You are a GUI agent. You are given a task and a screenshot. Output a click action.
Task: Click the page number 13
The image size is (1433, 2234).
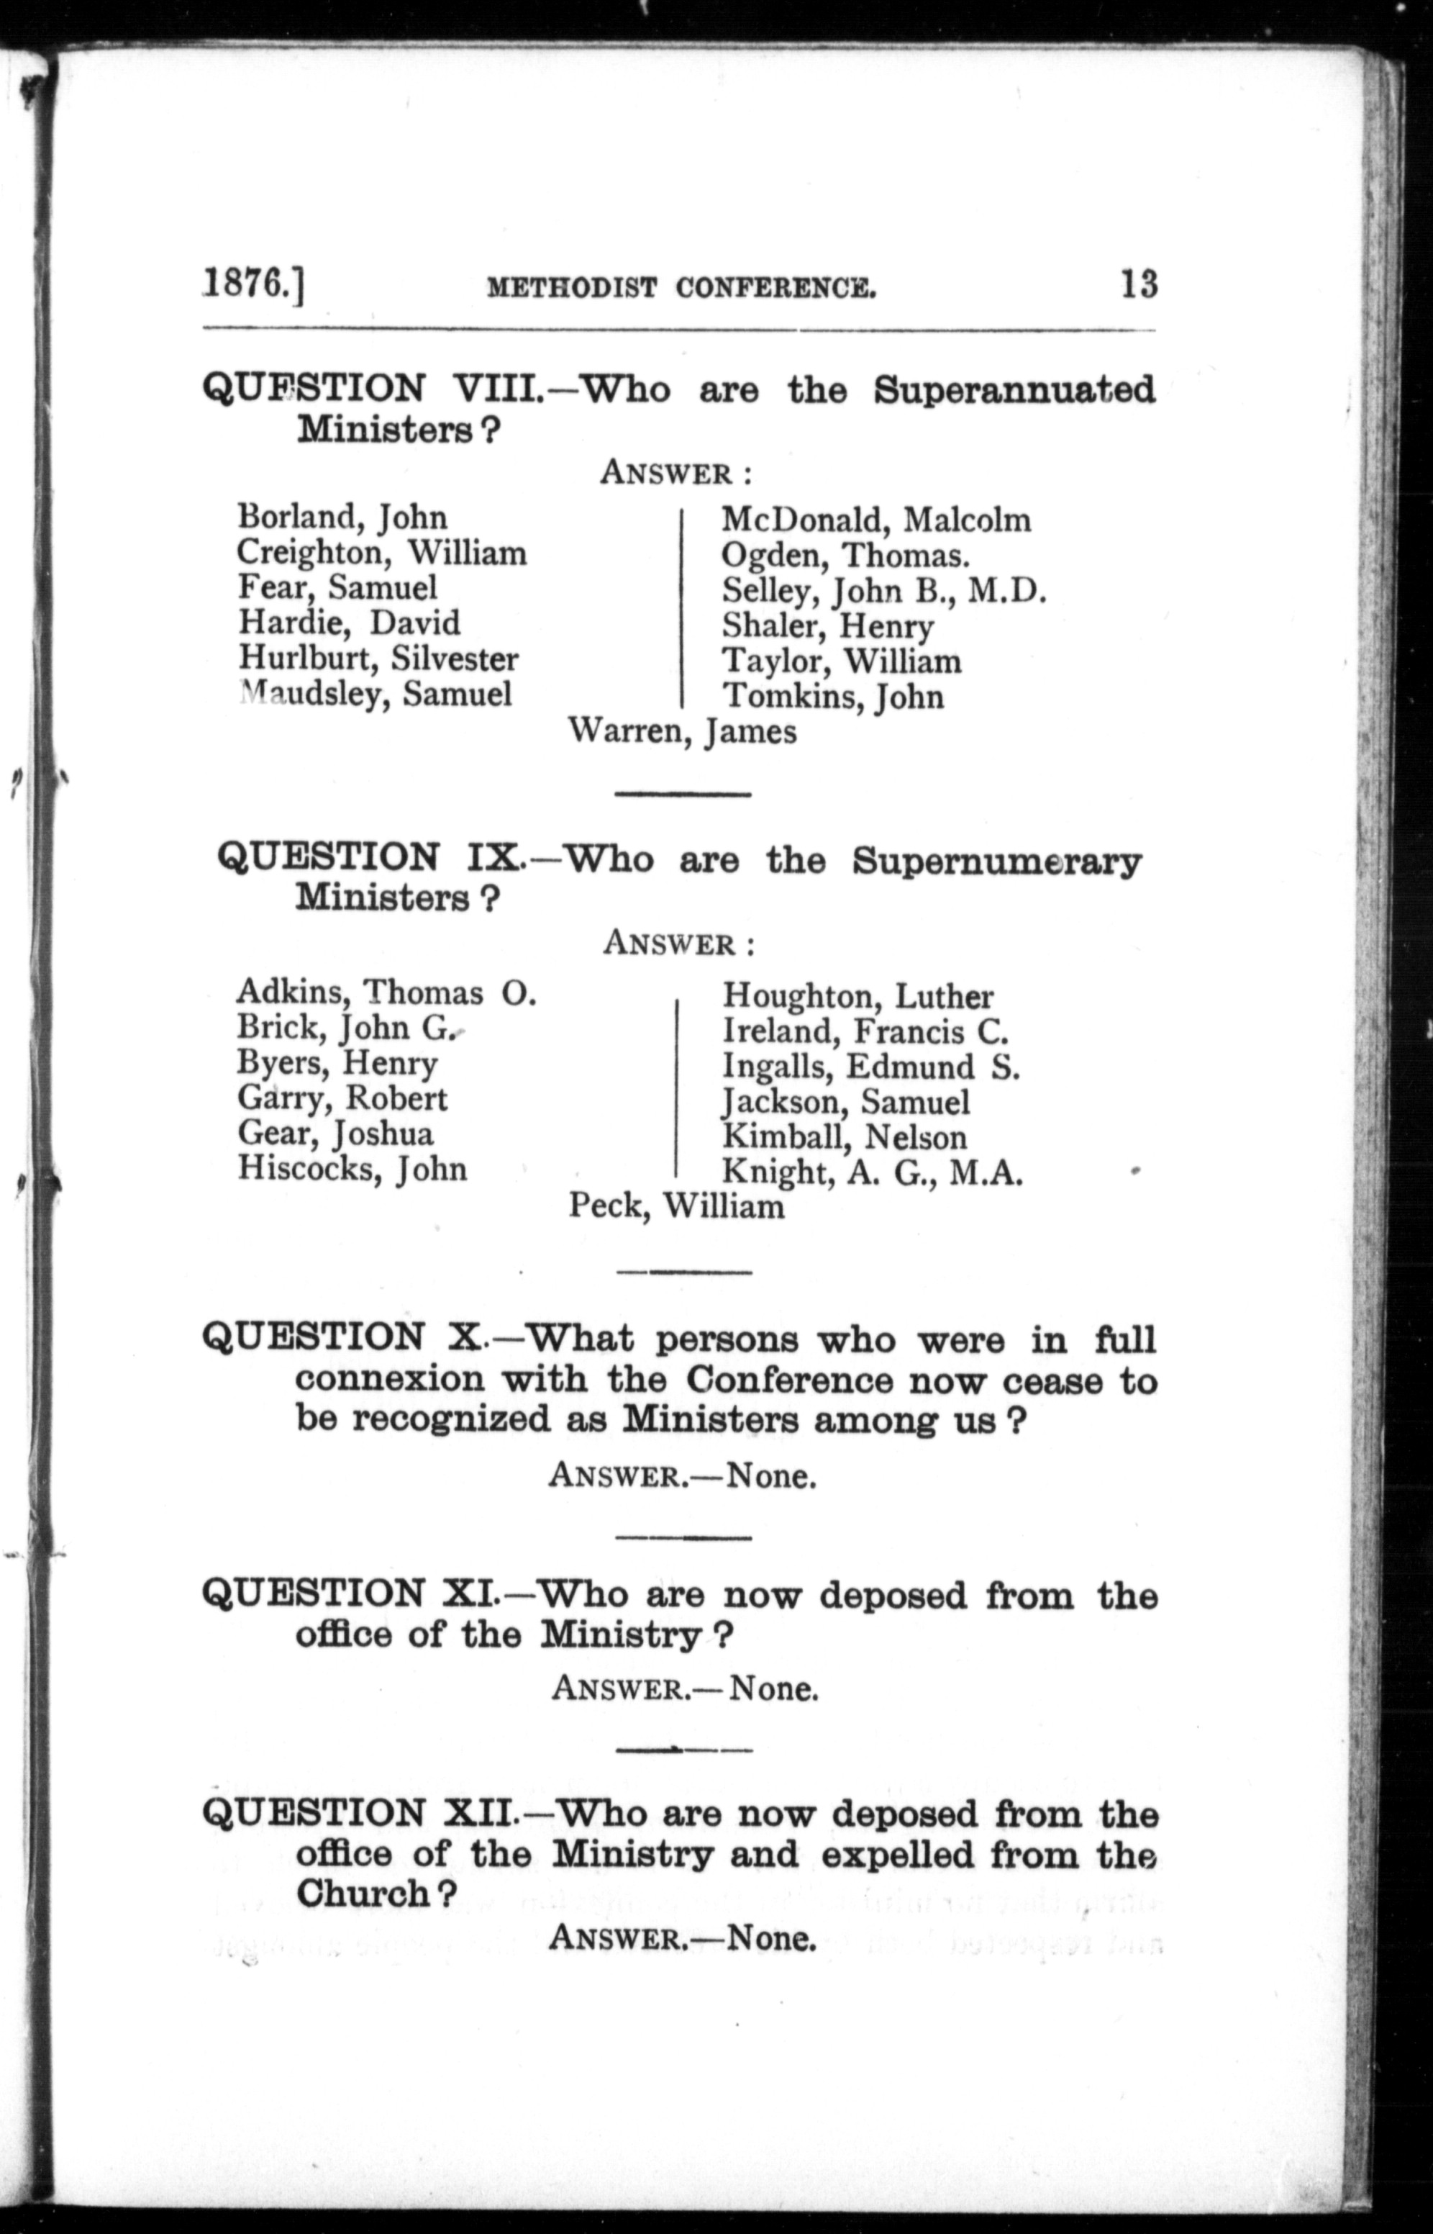coord(1139,283)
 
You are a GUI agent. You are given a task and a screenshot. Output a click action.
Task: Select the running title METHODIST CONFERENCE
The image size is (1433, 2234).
coord(681,288)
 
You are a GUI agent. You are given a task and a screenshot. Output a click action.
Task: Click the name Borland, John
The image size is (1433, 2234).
coord(342,517)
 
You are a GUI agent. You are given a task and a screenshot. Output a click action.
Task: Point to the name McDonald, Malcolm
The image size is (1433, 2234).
coord(875,520)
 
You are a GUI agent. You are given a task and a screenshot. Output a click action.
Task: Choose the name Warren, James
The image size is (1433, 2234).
coord(682,732)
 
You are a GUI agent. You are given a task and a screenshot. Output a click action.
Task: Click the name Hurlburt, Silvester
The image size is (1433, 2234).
coord(378,659)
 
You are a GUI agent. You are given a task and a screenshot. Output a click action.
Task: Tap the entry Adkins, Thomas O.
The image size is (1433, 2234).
coord(386,993)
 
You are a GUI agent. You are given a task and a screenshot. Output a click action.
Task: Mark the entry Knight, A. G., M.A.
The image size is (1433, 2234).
coord(873,1174)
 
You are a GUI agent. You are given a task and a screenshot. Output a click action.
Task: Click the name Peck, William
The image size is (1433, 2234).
coord(676,1207)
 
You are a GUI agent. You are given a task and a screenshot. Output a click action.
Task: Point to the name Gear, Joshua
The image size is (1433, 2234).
coord(335,1134)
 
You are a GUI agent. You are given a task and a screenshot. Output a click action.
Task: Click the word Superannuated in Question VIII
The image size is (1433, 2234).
coord(1014,390)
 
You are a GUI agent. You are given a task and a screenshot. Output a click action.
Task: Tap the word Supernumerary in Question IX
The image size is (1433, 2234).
coord(996,861)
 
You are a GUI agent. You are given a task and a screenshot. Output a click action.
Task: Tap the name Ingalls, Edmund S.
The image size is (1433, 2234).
coord(871,1067)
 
